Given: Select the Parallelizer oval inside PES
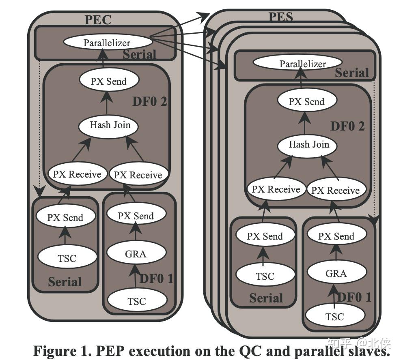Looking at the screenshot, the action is pyautogui.click(x=298, y=63).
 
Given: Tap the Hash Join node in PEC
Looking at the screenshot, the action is pyautogui.click(x=108, y=125).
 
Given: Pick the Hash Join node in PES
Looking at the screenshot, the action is pyautogui.click(x=307, y=145).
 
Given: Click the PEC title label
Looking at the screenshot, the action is pyautogui.click(x=98, y=19).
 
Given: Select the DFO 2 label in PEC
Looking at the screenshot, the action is pyautogui.click(x=150, y=101).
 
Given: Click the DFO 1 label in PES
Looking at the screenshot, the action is pyautogui.click(x=354, y=297).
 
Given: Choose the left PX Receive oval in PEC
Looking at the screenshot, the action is pyautogui.click(x=78, y=174).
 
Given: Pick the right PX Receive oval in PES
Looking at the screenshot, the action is pyautogui.click(x=336, y=190).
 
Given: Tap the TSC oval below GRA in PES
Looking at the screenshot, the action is pyautogui.click(x=335, y=316).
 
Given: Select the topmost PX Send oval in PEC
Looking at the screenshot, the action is pyautogui.click(x=109, y=81).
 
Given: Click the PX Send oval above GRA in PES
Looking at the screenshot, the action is pyautogui.click(x=337, y=236).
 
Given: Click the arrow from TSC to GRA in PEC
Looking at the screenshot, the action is pyautogui.click(x=135, y=277).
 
